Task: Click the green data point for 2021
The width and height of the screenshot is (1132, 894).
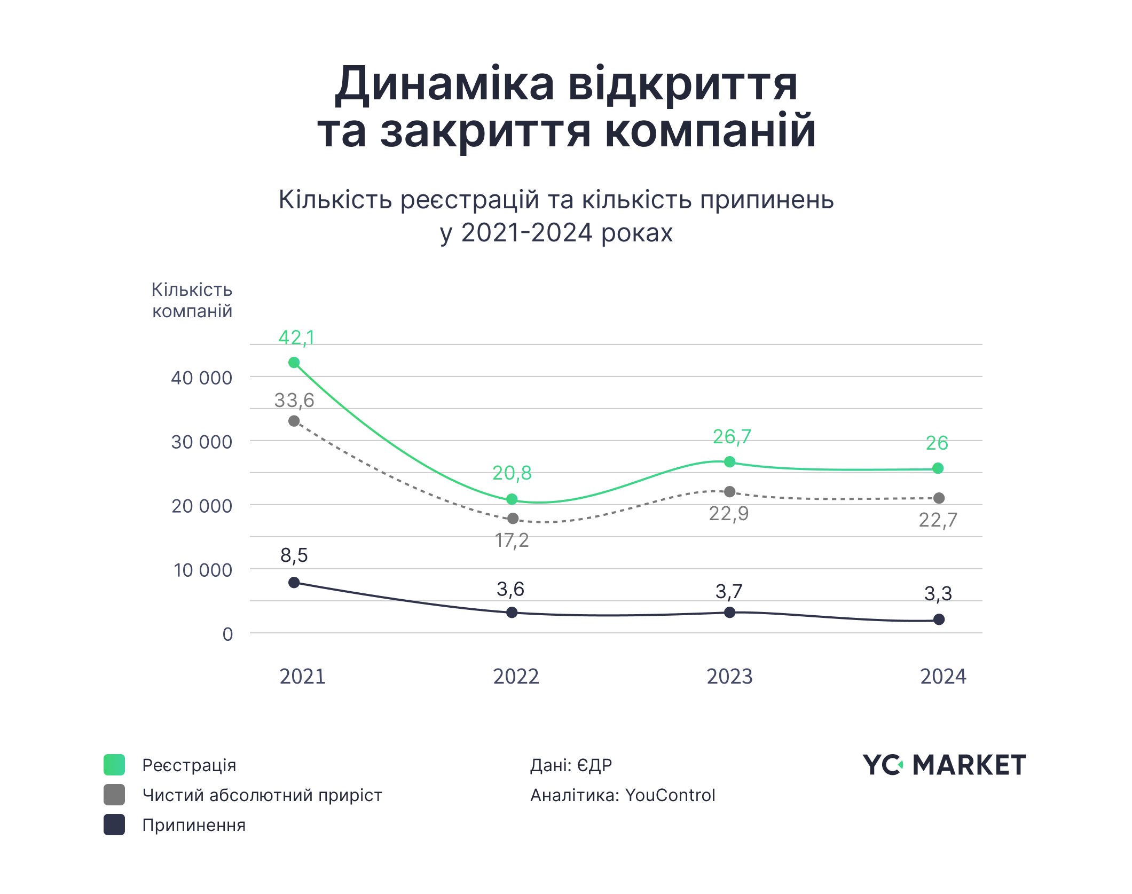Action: pos(294,363)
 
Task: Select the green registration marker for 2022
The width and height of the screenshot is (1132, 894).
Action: pos(512,499)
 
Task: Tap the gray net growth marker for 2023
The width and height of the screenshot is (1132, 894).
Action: pos(729,492)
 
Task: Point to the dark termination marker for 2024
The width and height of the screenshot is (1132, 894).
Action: pos(939,619)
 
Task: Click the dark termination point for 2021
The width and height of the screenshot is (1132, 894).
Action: pos(294,583)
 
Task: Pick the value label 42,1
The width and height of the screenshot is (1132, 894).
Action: pos(296,338)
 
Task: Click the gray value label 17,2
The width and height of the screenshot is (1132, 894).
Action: pos(512,541)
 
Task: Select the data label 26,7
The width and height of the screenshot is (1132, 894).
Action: pos(732,437)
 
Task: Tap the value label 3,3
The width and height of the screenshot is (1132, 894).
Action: pos(938,594)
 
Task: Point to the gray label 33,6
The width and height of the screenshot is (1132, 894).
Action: pos(294,401)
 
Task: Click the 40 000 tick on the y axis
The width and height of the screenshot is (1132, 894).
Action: pos(201,378)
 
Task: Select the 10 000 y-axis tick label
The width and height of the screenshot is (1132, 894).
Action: pos(203,570)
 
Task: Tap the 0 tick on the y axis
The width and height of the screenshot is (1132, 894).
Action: pos(227,634)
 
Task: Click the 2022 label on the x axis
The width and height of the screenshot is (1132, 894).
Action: pos(516,677)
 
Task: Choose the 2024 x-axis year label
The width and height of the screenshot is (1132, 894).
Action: pos(943,677)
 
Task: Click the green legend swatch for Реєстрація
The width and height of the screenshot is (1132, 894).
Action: pos(114,765)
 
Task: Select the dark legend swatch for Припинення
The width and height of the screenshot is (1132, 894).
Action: pos(114,825)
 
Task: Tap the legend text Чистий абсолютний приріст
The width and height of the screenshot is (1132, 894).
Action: pos(262,796)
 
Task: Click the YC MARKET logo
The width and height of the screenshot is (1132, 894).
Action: pos(944,765)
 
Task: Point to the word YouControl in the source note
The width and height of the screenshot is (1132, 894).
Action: pos(670,795)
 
